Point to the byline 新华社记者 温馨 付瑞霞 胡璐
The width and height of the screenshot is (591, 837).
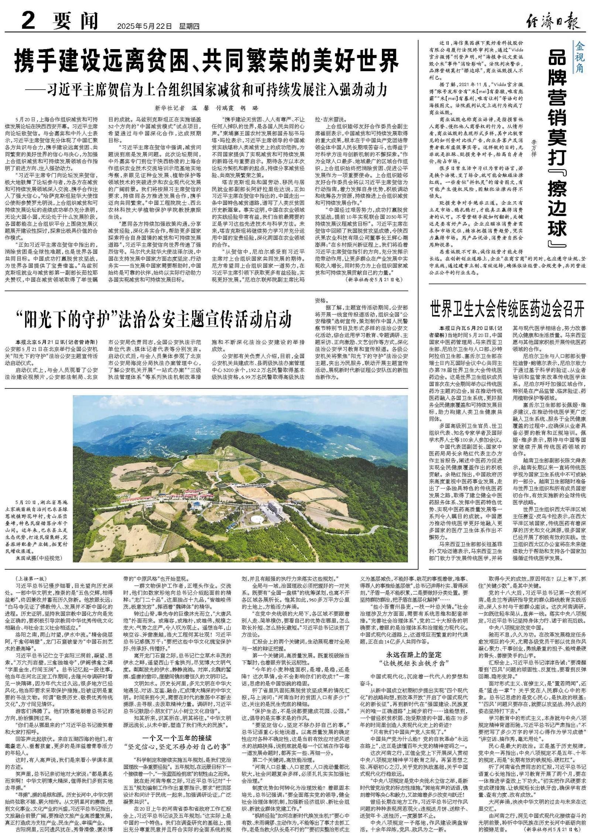207,109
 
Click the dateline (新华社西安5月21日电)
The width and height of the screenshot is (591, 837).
373,280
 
